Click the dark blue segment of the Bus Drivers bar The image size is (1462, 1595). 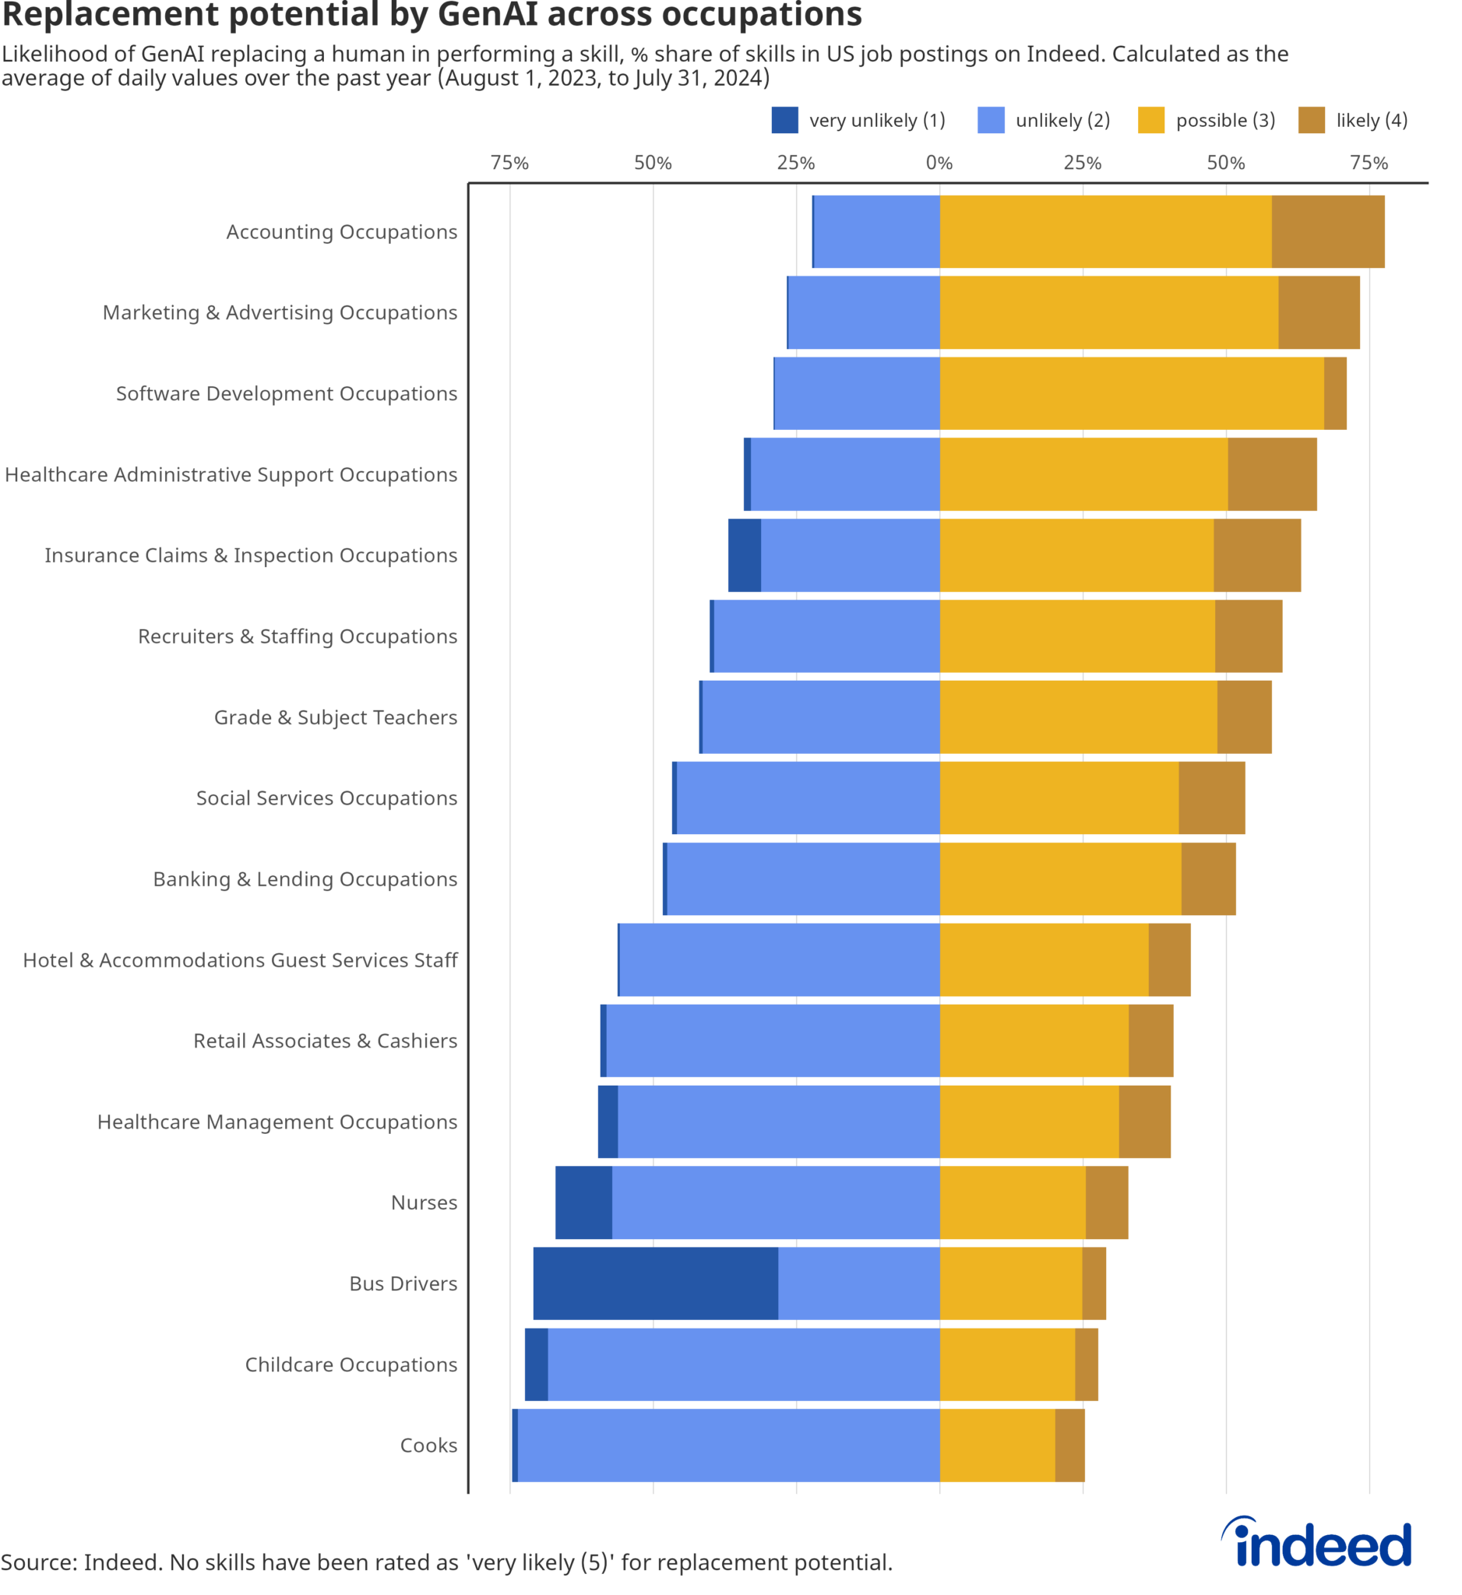pos(655,1283)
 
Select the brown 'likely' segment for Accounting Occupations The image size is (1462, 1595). pos(1327,231)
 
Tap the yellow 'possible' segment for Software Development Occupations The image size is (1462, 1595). pos(1131,393)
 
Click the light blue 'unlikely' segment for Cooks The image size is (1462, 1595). pos(727,1445)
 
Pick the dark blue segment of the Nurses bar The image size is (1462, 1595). pos(583,1202)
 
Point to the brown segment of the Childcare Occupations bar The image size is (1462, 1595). pos(1087,1364)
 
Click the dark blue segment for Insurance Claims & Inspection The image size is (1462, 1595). pos(745,555)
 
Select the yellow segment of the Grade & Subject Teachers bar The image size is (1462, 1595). pos(1077,717)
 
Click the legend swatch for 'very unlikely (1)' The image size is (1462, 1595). pos(785,120)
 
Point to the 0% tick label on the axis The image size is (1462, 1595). pos(939,163)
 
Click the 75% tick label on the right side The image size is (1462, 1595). pos(1369,163)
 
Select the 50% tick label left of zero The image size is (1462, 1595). pos(653,163)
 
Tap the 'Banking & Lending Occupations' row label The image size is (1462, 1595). pos(305,879)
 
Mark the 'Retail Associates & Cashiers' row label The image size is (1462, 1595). pos(325,1040)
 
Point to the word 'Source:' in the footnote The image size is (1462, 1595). pos(39,1562)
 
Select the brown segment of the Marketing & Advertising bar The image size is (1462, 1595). pos(1318,312)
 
